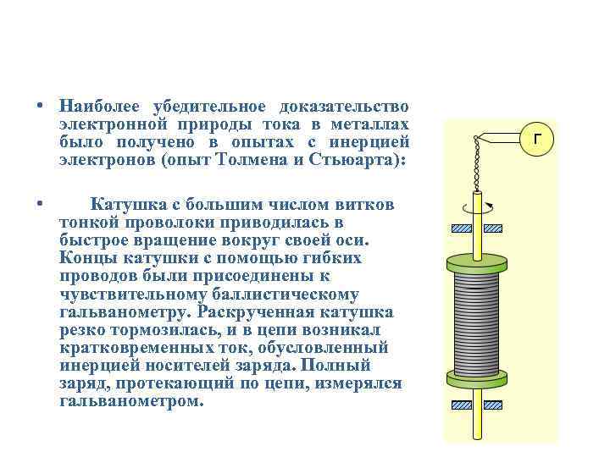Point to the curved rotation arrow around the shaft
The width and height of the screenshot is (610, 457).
(479, 205)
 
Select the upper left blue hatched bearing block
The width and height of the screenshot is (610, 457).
(461, 228)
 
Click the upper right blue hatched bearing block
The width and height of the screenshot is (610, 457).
(496, 228)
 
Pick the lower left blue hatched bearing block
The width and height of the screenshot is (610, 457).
(461, 404)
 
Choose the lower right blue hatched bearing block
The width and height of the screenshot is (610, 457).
(496, 404)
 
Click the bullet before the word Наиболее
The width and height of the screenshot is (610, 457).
(40, 107)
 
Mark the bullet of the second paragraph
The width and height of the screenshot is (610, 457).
(40, 203)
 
